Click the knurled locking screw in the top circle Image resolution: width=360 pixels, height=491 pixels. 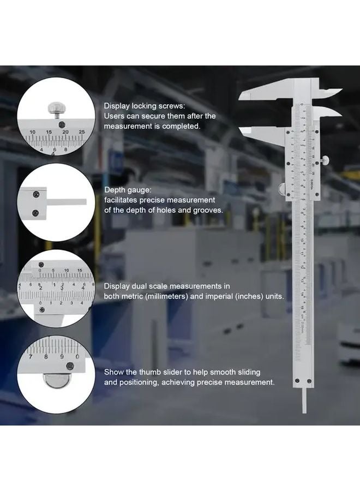pos(56,107)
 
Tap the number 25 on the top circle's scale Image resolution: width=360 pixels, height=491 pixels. pos(82,131)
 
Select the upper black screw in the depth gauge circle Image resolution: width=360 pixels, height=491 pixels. pos(36,193)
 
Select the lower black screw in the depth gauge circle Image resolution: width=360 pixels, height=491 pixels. pos(36,212)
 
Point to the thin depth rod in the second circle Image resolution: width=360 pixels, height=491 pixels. pos(69,202)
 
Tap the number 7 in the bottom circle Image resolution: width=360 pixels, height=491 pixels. pos(31,357)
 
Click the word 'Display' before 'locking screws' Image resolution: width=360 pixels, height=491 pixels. pos(117,106)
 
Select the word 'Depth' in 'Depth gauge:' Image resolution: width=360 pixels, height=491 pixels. pos(115,190)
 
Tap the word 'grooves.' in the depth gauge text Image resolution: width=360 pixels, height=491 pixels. pos(208,209)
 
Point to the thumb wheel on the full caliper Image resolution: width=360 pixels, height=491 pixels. pos(283,189)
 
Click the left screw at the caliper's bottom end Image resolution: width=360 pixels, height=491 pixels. pos(297,381)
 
